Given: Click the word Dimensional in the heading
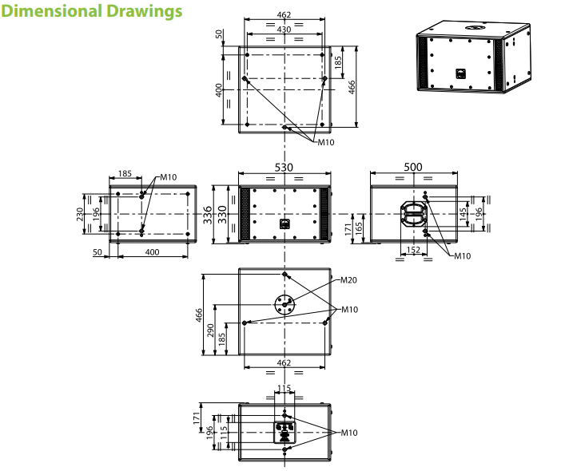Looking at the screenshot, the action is click(x=51, y=10).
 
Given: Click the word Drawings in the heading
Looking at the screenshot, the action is click(x=144, y=11).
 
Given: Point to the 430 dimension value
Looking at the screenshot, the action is click(x=284, y=30).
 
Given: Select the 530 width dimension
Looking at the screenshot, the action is click(x=284, y=168).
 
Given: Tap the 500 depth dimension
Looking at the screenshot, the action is click(x=413, y=167).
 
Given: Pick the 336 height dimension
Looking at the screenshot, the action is click(x=208, y=215).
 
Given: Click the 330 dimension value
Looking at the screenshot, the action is click(x=223, y=215).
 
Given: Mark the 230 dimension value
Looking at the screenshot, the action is click(x=80, y=214).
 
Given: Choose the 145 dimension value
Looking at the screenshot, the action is click(x=463, y=214).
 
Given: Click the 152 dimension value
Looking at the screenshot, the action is click(x=413, y=250).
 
